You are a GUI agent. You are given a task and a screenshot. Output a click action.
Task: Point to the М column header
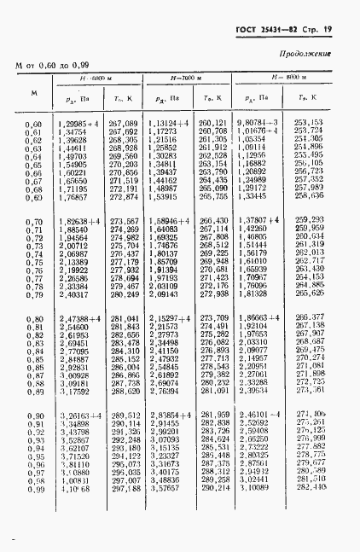tap(32, 91)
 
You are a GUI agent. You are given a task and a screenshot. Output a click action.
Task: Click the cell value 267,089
tap(125, 123)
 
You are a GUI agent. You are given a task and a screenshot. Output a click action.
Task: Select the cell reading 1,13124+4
tap(168, 123)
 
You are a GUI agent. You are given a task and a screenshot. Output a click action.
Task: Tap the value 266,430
tap(215, 221)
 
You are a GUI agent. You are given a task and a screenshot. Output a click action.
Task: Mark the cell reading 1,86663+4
tap(258, 317)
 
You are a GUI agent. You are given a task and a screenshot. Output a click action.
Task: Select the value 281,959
tap(215, 415)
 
